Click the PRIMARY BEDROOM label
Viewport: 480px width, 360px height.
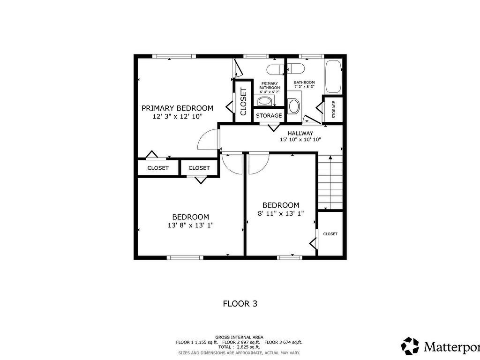point(177,108)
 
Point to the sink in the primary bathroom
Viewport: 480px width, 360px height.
point(265,101)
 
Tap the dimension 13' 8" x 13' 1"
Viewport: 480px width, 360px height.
point(190,225)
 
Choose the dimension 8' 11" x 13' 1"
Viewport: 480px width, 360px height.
point(280,213)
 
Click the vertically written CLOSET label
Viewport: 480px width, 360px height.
point(243,102)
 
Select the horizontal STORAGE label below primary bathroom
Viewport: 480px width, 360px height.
point(269,116)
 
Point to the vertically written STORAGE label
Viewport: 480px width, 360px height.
point(334,109)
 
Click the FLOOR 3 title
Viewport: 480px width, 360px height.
point(240,304)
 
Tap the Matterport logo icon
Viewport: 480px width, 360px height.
point(410,346)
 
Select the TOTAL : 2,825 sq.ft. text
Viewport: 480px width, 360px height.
point(239,347)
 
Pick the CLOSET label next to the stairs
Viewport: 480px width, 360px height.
point(330,234)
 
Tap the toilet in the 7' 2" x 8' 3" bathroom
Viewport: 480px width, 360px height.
point(294,69)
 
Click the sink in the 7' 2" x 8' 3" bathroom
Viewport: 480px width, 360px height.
point(294,106)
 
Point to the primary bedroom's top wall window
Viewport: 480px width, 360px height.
point(174,56)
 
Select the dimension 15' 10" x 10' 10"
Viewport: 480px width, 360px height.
point(300,140)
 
